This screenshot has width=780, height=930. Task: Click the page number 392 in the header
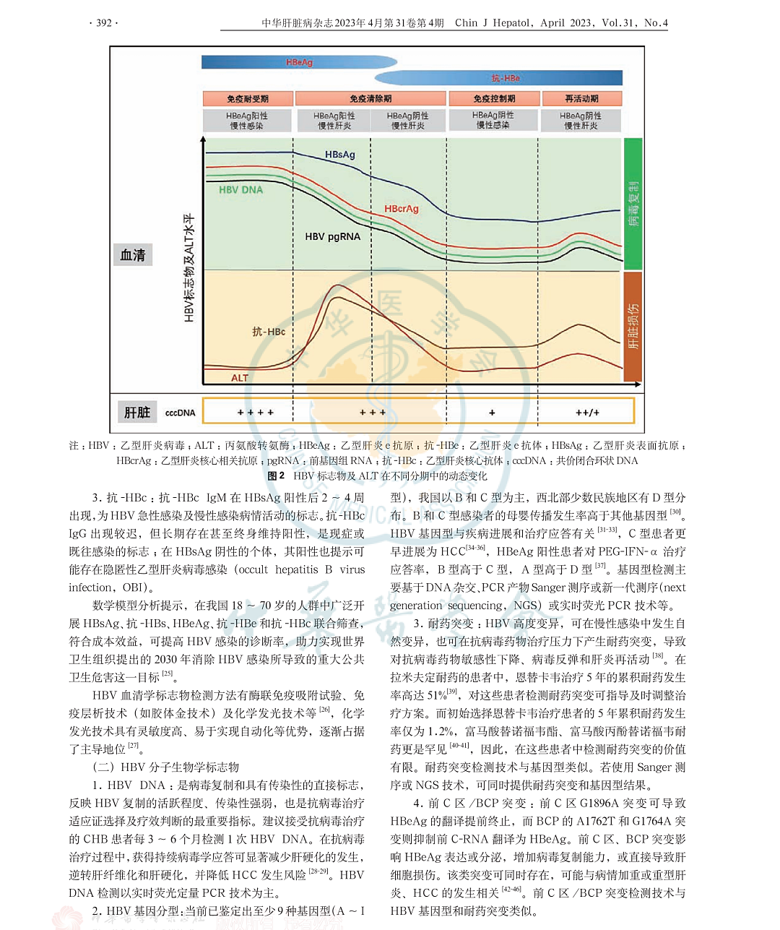tap(103, 22)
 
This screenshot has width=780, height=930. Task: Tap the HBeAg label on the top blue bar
tap(299, 63)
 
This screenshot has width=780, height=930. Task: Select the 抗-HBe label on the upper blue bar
tap(506, 78)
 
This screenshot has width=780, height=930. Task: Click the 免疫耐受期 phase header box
tap(248, 99)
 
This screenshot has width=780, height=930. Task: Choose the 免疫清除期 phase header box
tap(370, 99)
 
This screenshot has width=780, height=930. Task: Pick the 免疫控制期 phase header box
tap(494, 99)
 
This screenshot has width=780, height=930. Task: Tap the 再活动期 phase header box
tap(581, 99)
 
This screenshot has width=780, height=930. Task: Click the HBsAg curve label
tap(339, 155)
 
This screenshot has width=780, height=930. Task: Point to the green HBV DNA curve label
tap(240, 190)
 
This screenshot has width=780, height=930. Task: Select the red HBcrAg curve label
tap(401, 209)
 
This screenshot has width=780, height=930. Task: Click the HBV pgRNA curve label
tap(332, 236)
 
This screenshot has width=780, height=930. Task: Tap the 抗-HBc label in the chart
tap(268, 332)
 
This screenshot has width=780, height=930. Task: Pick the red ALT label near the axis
tap(239, 378)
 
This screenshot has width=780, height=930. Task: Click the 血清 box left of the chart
tap(133, 255)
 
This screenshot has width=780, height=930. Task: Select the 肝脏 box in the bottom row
tap(136, 412)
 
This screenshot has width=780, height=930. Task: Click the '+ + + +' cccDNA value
tap(256, 413)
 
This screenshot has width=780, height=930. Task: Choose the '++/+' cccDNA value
tap(587, 413)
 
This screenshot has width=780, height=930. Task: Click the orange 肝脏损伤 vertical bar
tap(633, 326)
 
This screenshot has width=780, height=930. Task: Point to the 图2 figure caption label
tap(276, 476)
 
